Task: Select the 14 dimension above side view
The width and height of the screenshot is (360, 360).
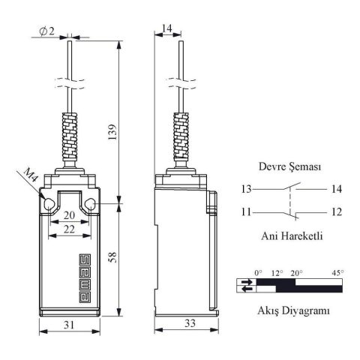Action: [x=166, y=28]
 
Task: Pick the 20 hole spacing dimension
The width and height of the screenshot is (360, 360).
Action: [x=69, y=215]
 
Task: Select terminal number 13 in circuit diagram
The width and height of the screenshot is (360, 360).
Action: [x=247, y=189]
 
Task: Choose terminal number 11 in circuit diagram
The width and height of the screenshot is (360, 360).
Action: [x=247, y=212]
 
